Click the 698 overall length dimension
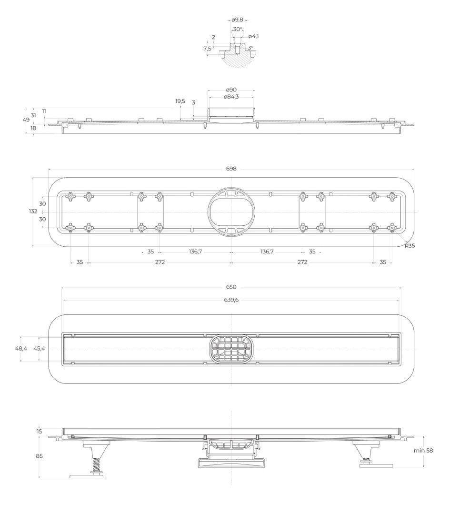click(231, 169)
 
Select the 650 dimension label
click(231, 287)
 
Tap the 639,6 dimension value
click(231, 300)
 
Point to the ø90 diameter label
click(231, 90)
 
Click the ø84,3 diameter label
click(231, 97)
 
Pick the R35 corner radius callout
click(409, 246)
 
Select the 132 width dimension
click(33, 211)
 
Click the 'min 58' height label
click(423, 451)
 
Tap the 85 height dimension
click(40, 456)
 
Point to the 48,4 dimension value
click(21, 349)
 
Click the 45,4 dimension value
click(39, 349)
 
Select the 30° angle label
click(238, 29)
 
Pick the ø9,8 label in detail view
click(237, 20)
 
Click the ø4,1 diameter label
click(254, 36)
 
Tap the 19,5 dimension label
click(180, 101)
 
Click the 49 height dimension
click(26, 120)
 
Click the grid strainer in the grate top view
click(231, 349)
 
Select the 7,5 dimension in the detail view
click(207, 49)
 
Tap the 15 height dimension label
click(40, 432)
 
